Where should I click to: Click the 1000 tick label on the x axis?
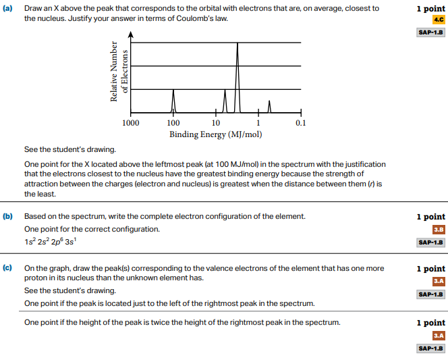[x=131, y=124]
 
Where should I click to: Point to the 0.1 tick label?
[x=300, y=124]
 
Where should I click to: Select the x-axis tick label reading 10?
[x=216, y=124]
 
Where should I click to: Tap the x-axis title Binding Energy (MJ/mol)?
[x=215, y=134]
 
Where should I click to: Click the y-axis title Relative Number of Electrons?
[x=119, y=72]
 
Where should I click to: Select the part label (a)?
[x=8, y=9]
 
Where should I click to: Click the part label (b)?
[x=8, y=217]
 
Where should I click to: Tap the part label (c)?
[x=8, y=268]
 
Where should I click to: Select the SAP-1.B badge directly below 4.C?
[x=430, y=32]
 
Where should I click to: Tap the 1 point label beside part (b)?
[x=430, y=217]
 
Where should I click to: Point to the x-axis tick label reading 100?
[x=173, y=124]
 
